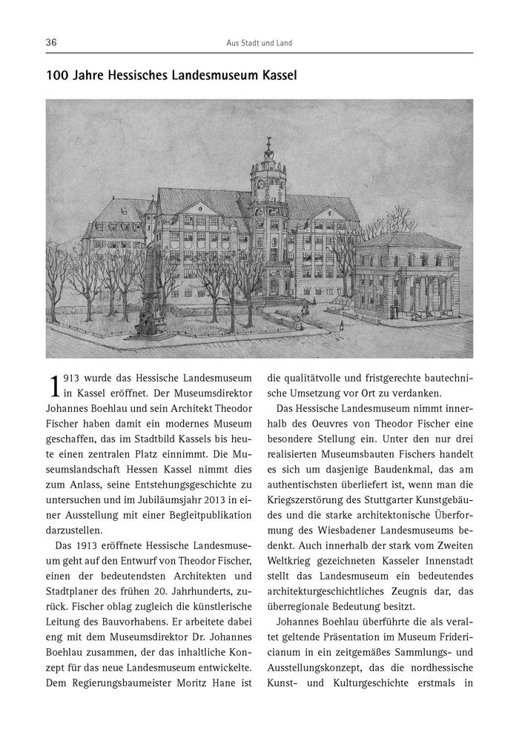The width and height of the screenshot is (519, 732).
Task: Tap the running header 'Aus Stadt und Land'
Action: tap(259, 43)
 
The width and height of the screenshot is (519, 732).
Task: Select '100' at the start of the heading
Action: tap(57, 76)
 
